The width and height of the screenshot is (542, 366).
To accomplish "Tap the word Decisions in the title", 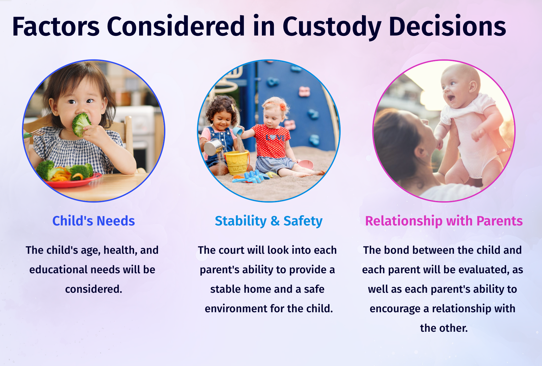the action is click(x=447, y=26).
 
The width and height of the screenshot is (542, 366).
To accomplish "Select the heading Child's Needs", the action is click(x=93, y=221).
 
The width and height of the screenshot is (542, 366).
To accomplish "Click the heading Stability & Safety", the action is click(x=268, y=221).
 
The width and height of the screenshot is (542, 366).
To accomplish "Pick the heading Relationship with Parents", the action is click(x=444, y=221).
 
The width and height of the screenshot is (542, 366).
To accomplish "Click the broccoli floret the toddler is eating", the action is click(x=81, y=124).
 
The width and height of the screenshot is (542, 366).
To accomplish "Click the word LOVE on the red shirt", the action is click(x=275, y=137).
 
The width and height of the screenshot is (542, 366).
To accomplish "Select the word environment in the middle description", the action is click(x=236, y=308).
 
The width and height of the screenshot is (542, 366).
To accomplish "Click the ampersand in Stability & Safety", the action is click(x=275, y=221).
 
